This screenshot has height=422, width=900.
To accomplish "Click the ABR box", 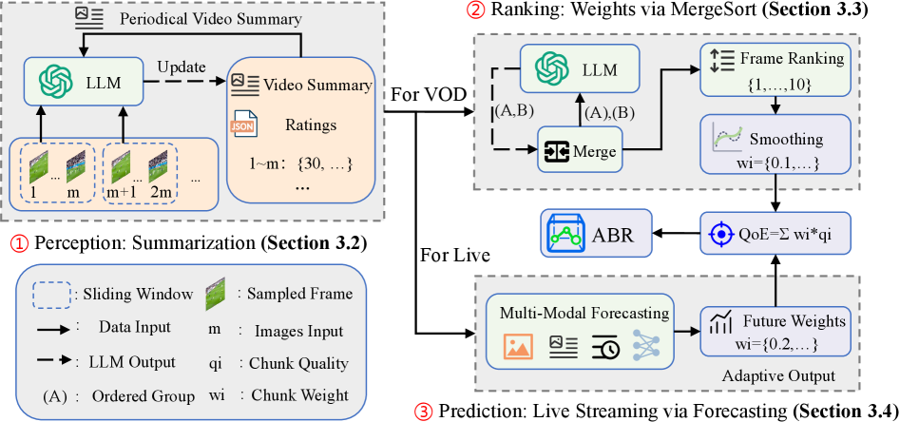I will tap(597, 233).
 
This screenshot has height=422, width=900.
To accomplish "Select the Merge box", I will tap(582, 150).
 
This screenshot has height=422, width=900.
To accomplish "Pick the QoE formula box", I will tap(773, 234).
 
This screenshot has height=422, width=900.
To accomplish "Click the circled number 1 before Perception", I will tap(20, 243).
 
